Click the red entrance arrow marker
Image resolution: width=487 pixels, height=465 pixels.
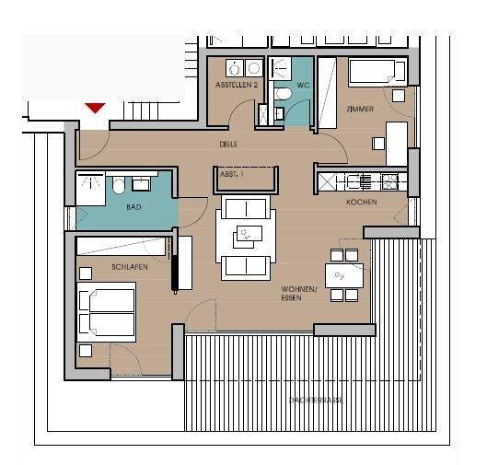pos(94,108)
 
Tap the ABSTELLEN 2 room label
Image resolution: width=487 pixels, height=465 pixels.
pos(237,85)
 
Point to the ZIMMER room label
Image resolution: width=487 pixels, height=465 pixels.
pos(359,109)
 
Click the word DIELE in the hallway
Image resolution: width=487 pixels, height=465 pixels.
pos(229,145)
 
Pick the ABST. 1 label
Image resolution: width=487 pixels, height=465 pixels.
pos(231,174)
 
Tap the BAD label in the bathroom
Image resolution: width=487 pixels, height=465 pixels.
pos(134,207)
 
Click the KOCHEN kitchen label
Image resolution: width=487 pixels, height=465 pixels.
pos(361,202)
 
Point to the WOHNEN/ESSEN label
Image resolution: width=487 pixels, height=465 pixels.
pos(300,293)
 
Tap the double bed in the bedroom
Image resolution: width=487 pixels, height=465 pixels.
pos(107,309)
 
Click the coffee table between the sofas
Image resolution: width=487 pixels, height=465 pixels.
pos(246,235)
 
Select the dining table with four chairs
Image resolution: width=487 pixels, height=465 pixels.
pos(343,274)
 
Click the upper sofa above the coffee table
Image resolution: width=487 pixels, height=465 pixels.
pos(245,207)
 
